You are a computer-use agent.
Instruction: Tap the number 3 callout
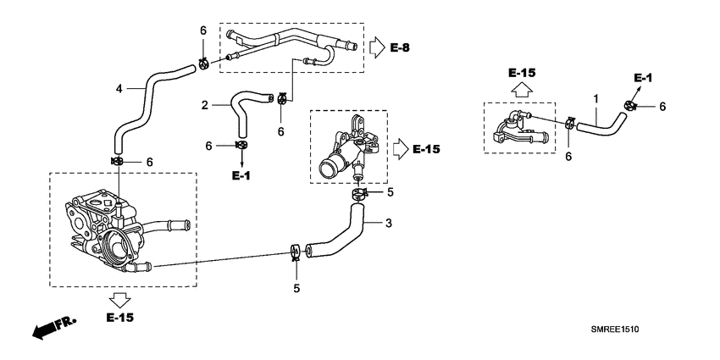tap(388, 224)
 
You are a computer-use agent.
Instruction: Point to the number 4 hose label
tap(119, 87)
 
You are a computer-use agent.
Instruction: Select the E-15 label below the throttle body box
tap(119, 318)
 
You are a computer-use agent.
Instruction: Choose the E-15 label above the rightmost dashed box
tap(523, 73)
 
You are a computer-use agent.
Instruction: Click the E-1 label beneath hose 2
tap(241, 175)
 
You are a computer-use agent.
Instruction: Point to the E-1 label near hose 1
tap(643, 78)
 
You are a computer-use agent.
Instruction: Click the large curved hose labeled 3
tap(347, 234)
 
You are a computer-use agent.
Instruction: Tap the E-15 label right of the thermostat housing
tap(426, 149)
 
